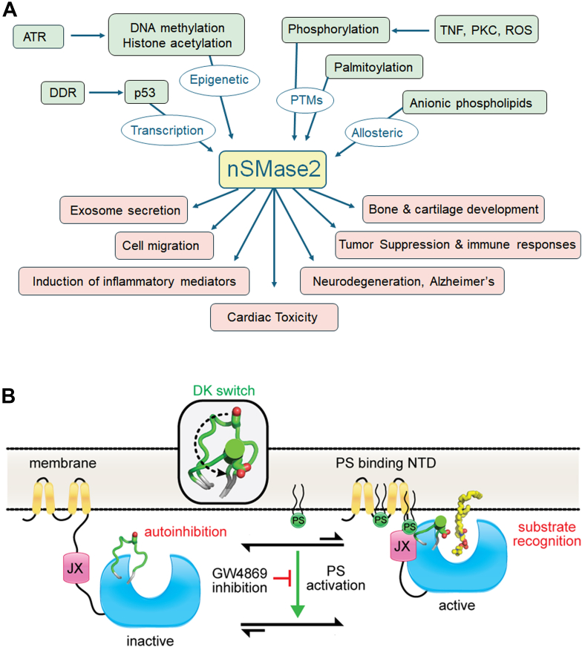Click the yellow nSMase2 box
[272, 169]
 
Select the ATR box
[39, 36]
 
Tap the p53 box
[146, 92]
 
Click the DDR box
[63, 93]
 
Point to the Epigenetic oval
[219, 79]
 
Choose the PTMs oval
[305, 100]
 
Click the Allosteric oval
[382, 133]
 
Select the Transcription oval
[168, 131]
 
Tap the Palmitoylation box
[374, 67]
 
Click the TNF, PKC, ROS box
[486, 29]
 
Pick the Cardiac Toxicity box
[274, 318]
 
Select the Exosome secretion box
[124, 210]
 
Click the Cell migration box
[164, 246]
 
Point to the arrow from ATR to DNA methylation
[88, 36]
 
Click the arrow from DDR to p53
[106, 93]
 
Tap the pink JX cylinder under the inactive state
[76, 568]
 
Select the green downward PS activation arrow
[297, 584]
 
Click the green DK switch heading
[223, 390]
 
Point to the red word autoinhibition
[186, 531]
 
